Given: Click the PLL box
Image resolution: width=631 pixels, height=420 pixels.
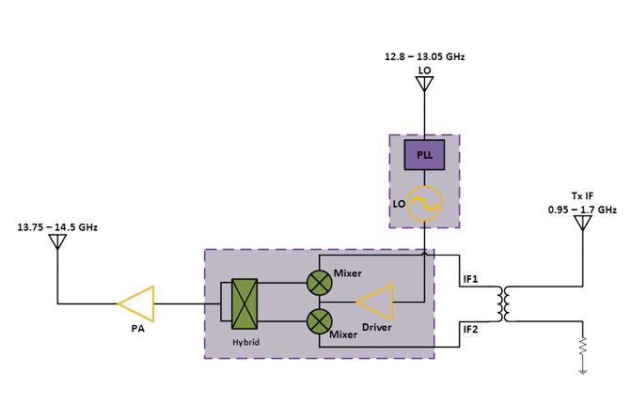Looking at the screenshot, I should pos(424,155).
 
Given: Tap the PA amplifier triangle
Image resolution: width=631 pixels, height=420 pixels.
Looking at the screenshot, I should pos(136,303).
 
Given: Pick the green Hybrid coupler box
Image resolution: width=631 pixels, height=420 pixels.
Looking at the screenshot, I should pos(245,303).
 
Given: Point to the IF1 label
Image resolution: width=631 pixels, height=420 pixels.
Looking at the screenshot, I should pos(471,279).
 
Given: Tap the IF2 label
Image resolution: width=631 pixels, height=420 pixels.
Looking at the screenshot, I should pos(471,328).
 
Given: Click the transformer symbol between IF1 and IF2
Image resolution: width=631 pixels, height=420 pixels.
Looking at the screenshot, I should pos(504,303).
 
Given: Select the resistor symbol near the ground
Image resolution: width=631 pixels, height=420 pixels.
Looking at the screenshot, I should pos(583,349).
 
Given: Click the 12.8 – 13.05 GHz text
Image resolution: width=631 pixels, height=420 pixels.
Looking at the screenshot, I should pos(424,57).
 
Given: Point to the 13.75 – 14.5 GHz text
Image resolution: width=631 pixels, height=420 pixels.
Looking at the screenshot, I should pos(57,227).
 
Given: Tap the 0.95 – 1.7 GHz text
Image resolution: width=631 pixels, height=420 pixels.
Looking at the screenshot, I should pos(582,210).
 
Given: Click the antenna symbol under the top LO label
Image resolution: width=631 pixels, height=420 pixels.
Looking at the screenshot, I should pos(424,85).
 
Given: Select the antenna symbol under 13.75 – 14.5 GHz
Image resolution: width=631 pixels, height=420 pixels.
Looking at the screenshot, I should pos(57,242).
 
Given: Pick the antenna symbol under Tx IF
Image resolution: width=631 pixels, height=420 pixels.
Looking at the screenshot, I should pos(583,224).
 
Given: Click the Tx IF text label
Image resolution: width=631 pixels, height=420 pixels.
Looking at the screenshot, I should pos(583,196).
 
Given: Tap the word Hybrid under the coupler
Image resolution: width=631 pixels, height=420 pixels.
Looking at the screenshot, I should pos(245,342).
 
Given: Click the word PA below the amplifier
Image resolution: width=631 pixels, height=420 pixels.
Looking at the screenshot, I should pos(137,329).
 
